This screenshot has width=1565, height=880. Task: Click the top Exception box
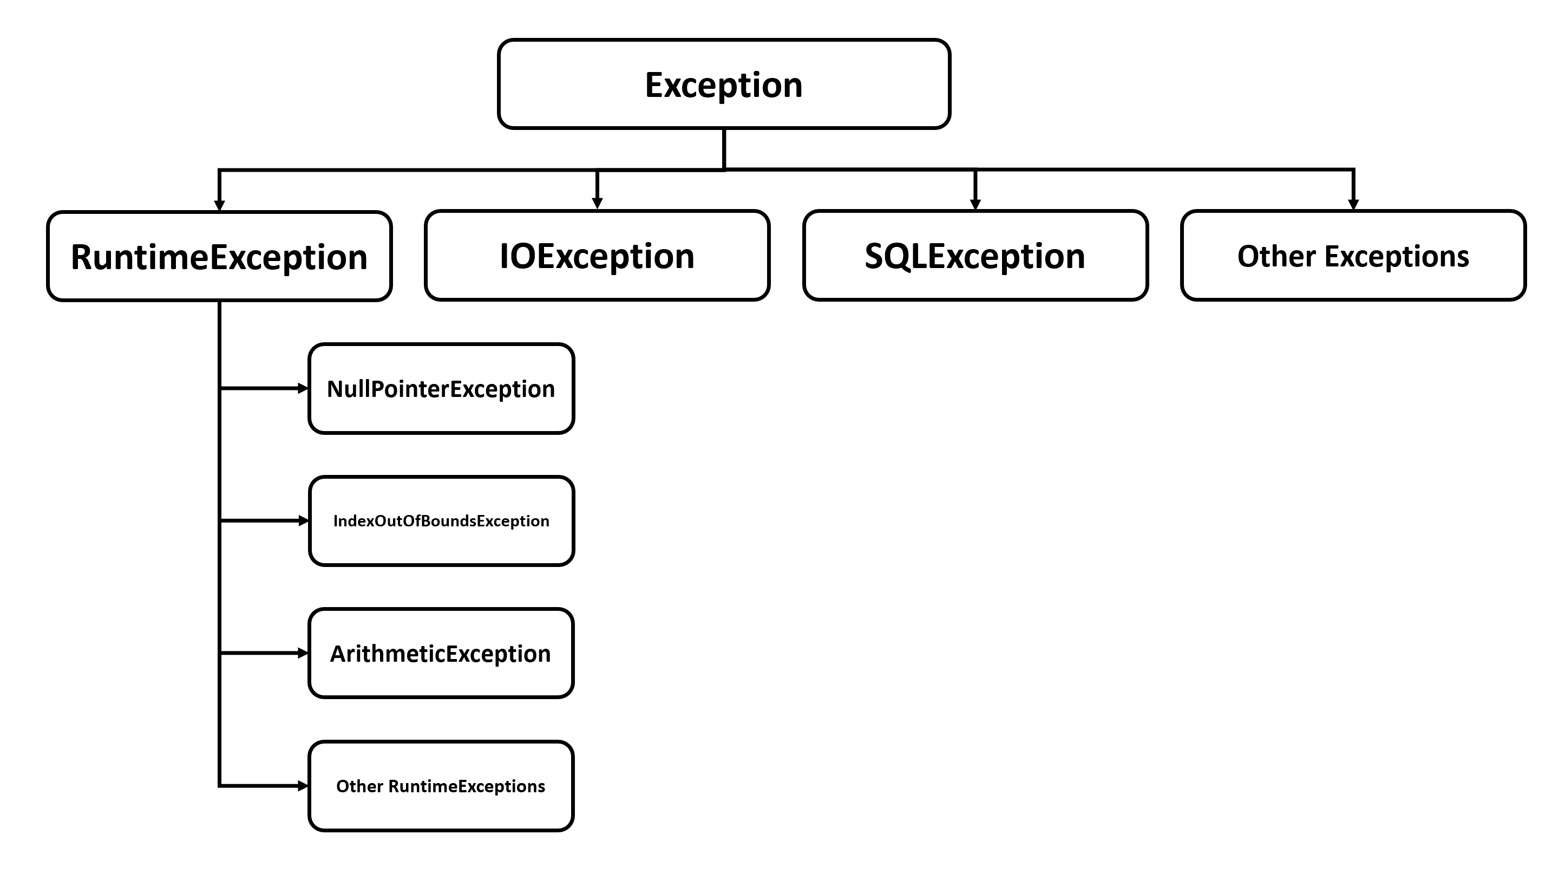724,84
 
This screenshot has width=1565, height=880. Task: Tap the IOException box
597,256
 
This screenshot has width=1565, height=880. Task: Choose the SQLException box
975,256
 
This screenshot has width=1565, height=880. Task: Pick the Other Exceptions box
1353,256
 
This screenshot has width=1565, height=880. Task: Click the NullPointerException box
441,388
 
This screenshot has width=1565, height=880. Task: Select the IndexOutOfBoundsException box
441,521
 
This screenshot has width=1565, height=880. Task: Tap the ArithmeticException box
441,653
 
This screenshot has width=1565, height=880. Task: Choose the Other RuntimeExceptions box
441,786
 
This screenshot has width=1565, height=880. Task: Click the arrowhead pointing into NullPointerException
303,388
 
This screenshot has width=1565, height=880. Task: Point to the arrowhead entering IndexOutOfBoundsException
303,521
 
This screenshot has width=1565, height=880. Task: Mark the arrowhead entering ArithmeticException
303,653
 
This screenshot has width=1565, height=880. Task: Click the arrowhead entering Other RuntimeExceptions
303,786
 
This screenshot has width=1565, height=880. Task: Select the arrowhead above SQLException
975,204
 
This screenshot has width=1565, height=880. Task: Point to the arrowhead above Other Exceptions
1353,204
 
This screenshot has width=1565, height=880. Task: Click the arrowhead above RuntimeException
219,205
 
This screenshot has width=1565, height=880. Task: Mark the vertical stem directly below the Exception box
724,148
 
